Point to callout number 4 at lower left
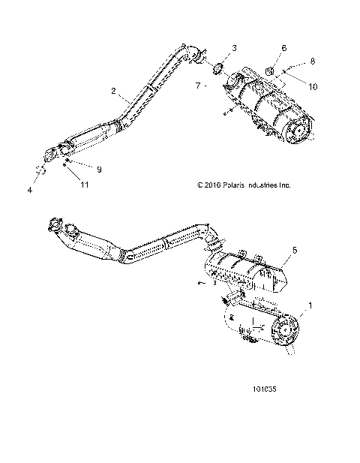tap(30, 191)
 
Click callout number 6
tap(283, 48)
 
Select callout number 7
tap(198, 86)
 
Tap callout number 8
tap(313, 60)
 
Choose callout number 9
tap(98, 170)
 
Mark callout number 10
tap(313, 87)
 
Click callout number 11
tap(85, 184)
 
